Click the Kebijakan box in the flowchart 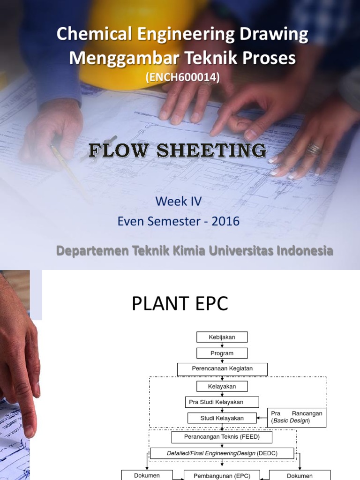pyautogui.click(x=222, y=337)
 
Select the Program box pyautogui.click(x=222, y=353)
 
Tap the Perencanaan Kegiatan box pyautogui.click(x=222, y=369)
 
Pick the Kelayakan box pyautogui.click(x=222, y=387)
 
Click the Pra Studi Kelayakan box pyautogui.click(x=222, y=402)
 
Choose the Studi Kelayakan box pyautogui.click(x=222, y=418)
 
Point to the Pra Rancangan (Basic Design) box pyautogui.click(x=297, y=418)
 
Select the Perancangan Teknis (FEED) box pyautogui.click(x=222, y=437)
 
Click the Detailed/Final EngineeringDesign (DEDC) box pyautogui.click(x=222, y=453)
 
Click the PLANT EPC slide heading pyautogui.click(x=180, y=304)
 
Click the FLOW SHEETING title pyautogui.click(x=178, y=151)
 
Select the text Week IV pyautogui.click(x=178, y=202)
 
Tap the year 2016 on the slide pyautogui.click(x=225, y=221)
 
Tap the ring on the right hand pyautogui.click(x=314, y=150)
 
